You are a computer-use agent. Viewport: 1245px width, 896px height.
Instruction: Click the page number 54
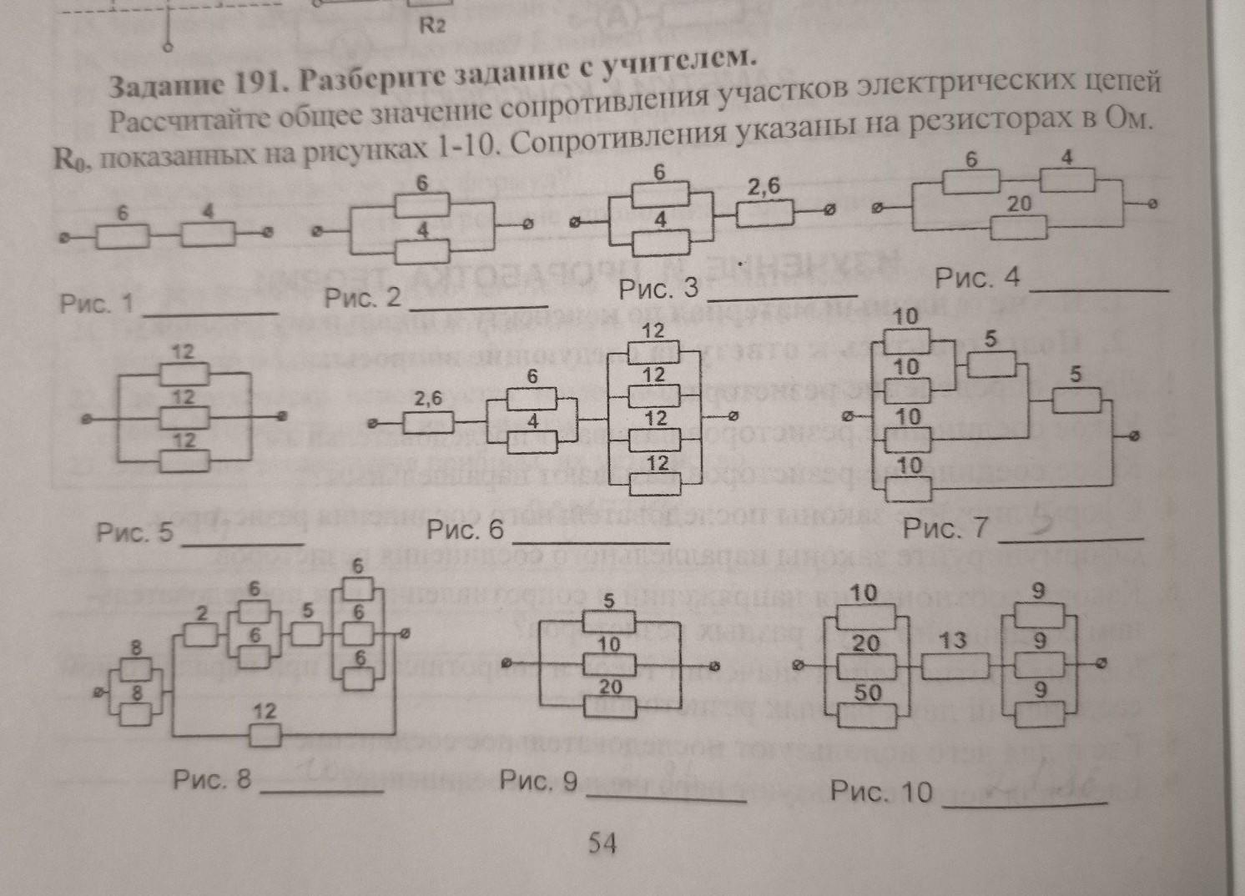tap(602, 843)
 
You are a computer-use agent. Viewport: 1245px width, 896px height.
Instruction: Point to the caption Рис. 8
tap(211, 779)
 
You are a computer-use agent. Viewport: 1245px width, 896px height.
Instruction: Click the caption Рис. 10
tap(881, 791)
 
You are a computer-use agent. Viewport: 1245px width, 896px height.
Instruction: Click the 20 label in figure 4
tap(1019, 204)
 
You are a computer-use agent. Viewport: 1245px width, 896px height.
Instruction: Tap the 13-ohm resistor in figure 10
tap(955, 667)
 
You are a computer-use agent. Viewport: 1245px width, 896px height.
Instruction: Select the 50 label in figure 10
tap(867, 692)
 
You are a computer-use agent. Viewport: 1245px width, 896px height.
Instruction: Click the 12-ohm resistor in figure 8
tap(265, 735)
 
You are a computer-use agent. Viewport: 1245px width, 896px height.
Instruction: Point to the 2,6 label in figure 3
tap(764, 188)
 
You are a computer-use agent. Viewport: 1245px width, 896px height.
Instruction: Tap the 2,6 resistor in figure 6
tap(429, 423)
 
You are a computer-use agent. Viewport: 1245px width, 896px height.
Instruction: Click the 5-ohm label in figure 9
tap(609, 600)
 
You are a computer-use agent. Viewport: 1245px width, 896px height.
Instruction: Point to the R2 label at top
tap(432, 25)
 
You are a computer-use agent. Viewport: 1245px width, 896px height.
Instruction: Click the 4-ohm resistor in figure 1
tap(208, 235)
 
